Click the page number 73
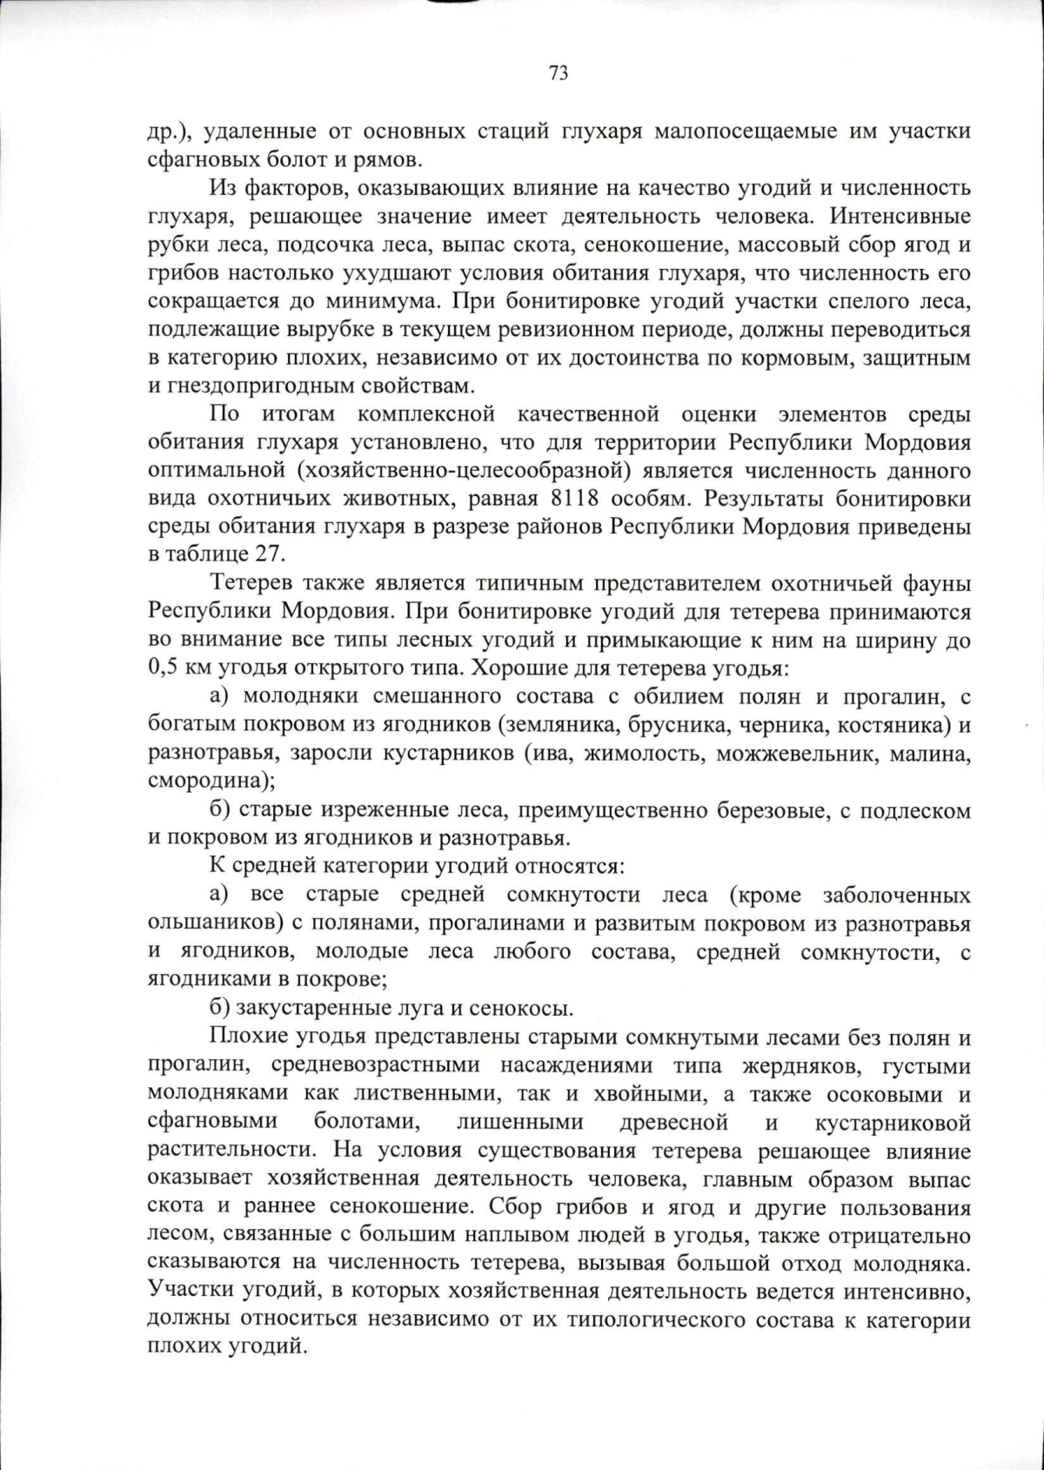(x=559, y=73)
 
